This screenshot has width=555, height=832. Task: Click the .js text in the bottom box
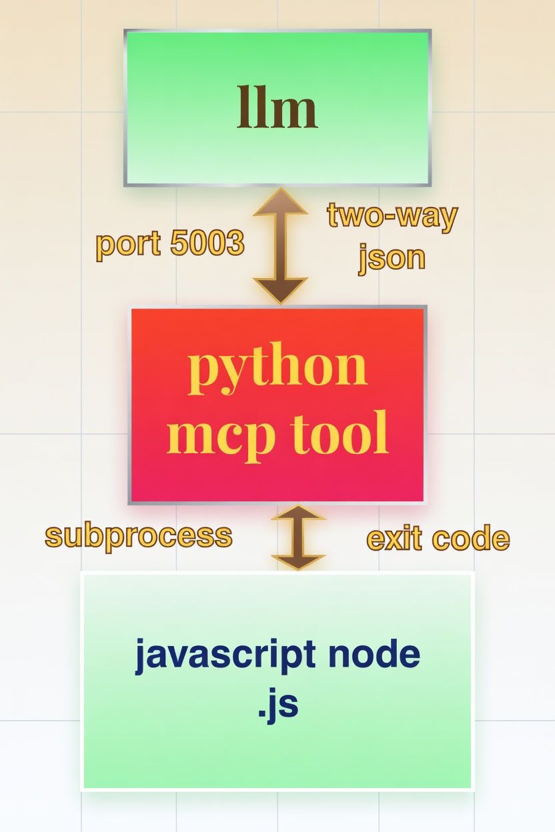[277, 705]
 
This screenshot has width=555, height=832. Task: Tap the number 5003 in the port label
[207, 244]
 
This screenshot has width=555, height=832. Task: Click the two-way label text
[392, 217]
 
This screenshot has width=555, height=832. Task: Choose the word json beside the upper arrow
[392, 257]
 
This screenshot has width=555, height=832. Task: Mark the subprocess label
[139, 536]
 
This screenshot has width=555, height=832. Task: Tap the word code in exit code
[472, 538]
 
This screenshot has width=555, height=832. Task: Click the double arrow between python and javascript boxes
[298, 537]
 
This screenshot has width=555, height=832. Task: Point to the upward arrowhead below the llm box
[280, 202]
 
